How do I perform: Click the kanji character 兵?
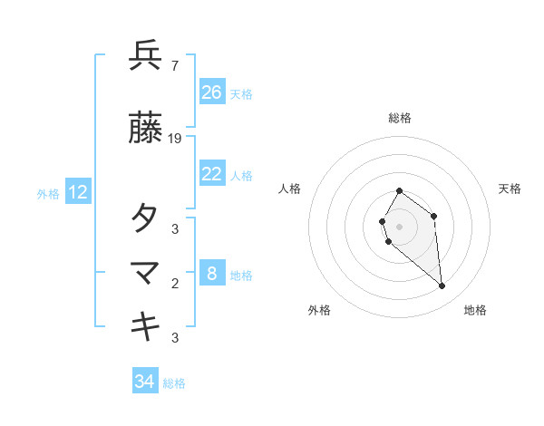[x=146, y=56]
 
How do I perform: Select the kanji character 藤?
[x=146, y=129]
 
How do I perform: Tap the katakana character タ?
[x=146, y=218]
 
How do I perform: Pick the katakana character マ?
[x=146, y=272]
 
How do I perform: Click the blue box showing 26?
[x=212, y=92]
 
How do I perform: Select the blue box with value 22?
[x=212, y=174]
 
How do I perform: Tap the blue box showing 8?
[x=212, y=274]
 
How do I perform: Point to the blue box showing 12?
[x=78, y=192]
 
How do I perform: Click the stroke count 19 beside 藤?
[x=175, y=139]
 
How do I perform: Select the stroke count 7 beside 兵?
[x=174, y=66]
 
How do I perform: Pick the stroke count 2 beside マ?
[x=174, y=284]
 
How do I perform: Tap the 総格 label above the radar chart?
[x=400, y=118]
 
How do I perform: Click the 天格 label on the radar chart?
[x=510, y=189]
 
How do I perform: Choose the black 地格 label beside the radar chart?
[x=475, y=310]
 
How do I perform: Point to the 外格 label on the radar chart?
[x=319, y=310]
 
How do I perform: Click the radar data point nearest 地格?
[x=442, y=286]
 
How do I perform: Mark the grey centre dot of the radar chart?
[x=400, y=226]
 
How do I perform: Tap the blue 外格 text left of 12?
[x=48, y=193]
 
